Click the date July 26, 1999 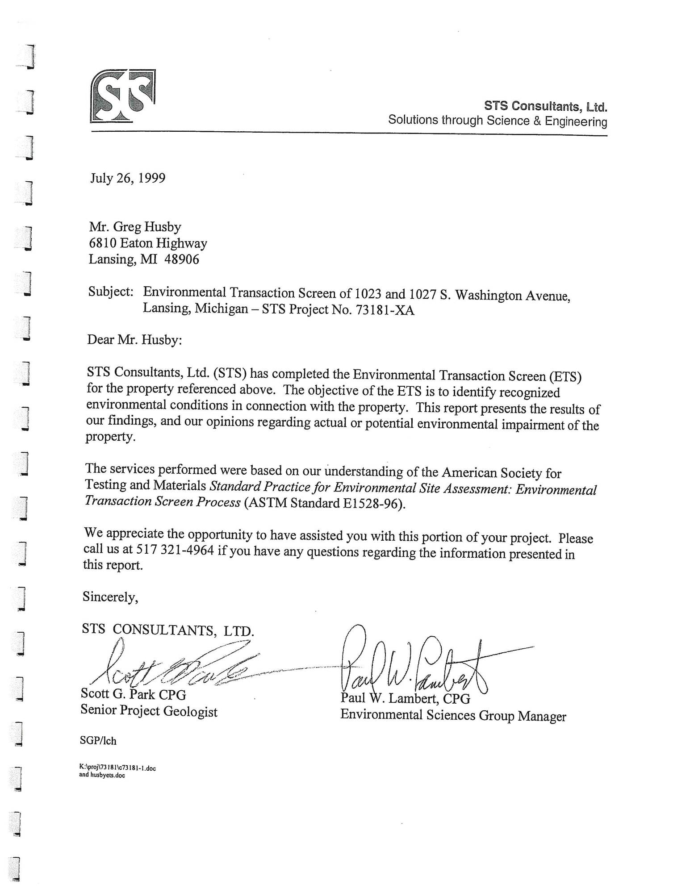tap(128, 178)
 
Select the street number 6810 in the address tap(102, 243)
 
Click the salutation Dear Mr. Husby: tap(134, 340)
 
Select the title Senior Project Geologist tap(149, 711)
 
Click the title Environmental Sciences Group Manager tap(453, 715)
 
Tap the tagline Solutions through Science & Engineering tap(498, 121)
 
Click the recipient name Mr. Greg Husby tap(135, 227)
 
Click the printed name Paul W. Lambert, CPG tap(405, 698)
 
